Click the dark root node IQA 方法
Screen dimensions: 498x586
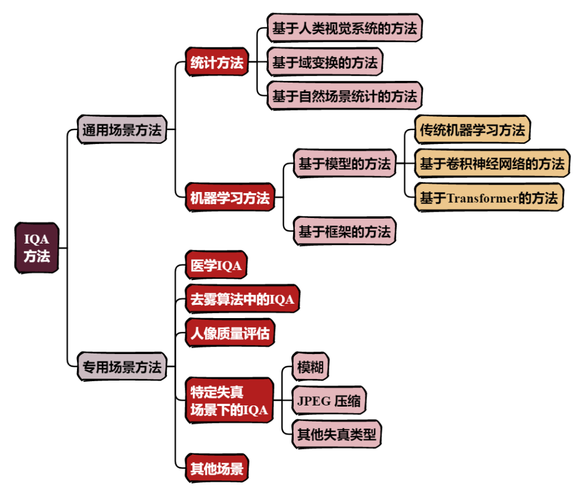(36, 248)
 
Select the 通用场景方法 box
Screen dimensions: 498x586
(122, 130)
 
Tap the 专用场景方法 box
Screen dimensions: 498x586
(122, 367)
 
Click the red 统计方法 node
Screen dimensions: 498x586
(217, 62)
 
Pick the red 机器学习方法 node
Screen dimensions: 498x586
(230, 198)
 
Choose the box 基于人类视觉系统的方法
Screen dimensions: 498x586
(344, 28)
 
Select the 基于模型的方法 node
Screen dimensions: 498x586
(344, 164)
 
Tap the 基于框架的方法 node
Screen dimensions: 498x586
(344, 232)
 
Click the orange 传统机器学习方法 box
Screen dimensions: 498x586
(472, 130)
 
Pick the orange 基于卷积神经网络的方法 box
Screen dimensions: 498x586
(492, 164)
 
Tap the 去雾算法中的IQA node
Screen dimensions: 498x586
(242, 300)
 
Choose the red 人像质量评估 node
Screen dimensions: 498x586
(229, 334)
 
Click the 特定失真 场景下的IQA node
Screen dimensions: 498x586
(229, 401)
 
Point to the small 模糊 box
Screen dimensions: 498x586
(310, 367)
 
